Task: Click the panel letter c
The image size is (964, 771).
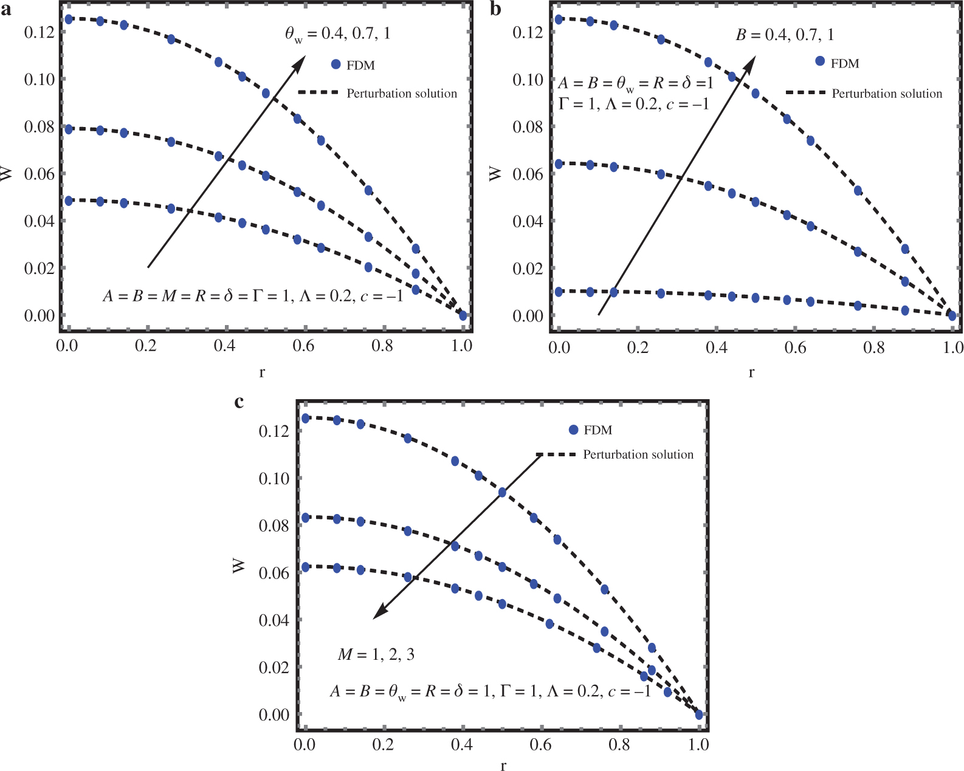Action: tap(239, 402)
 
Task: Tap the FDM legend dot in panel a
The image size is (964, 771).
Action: tap(336, 64)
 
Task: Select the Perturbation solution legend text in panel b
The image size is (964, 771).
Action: tap(887, 94)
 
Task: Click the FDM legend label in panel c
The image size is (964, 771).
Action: tap(597, 430)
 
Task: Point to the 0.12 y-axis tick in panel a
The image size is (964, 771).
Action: tap(40, 32)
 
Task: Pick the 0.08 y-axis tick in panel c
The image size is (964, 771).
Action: tap(274, 526)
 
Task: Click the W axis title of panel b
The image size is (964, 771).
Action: tap(496, 174)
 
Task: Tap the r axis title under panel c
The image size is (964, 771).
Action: tap(503, 766)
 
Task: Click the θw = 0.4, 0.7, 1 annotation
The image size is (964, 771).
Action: tap(338, 33)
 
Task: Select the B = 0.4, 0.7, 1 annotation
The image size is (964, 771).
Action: tap(785, 35)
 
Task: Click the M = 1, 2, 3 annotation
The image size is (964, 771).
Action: tap(376, 654)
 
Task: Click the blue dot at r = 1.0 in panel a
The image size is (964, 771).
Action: tap(463, 315)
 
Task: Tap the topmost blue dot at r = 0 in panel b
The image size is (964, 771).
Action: tap(559, 19)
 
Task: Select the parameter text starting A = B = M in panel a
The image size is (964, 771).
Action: tap(253, 296)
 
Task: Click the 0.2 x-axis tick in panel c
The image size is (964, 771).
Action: tap(383, 744)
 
